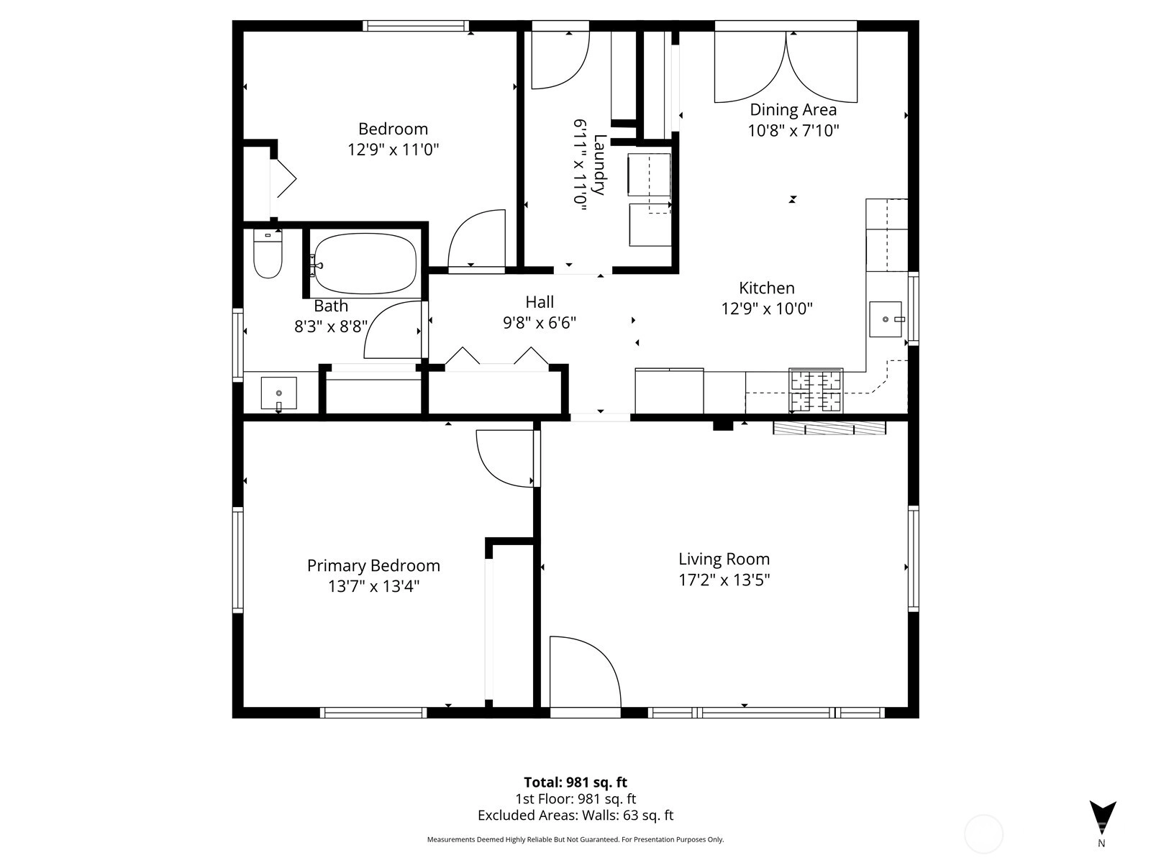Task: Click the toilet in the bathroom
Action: [268, 253]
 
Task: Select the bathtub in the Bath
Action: [365, 263]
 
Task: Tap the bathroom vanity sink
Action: [279, 393]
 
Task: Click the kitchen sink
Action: [886, 319]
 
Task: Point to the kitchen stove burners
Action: [816, 391]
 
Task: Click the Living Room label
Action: [724, 559]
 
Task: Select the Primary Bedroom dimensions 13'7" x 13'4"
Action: [374, 586]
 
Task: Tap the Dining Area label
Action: [793, 109]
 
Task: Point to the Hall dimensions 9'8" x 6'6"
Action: [540, 323]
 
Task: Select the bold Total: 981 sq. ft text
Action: [575, 782]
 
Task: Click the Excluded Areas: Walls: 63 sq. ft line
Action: [575, 816]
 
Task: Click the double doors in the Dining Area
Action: [786, 67]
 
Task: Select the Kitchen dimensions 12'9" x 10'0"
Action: [767, 309]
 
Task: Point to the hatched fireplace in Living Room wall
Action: [829, 428]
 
